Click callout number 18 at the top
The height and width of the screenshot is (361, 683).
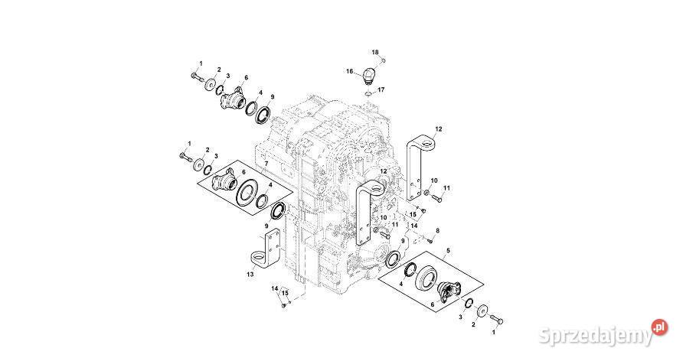click(375, 52)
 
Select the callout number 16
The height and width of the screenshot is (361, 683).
click(349, 72)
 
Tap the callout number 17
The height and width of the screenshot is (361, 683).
click(381, 89)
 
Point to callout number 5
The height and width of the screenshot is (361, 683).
click(448, 250)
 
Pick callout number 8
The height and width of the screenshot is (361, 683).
click(437, 230)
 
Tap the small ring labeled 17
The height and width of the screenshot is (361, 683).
click(368, 93)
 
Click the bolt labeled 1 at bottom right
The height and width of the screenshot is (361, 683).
click(495, 317)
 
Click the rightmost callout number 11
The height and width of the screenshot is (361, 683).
click(447, 188)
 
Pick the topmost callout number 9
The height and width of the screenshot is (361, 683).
click(272, 97)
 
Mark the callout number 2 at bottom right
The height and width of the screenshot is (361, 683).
click(473, 324)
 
